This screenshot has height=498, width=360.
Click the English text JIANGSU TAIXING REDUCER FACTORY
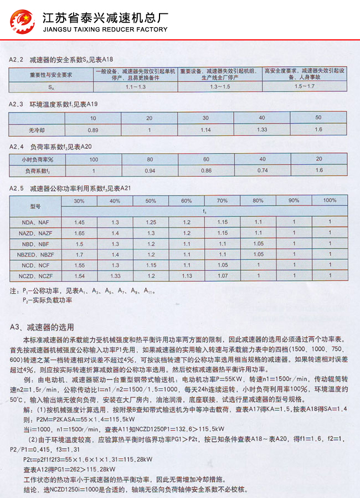click(105, 29)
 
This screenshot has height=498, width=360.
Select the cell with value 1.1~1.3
click(136, 88)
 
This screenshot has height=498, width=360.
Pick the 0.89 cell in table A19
click(93, 129)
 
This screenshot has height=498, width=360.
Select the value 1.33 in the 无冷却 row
click(262, 129)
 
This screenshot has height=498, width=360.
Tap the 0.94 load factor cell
click(150, 171)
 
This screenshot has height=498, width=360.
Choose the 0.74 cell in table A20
click(262, 171)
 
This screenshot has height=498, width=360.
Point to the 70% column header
click(223, 200)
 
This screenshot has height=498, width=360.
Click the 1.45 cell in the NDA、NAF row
click(79, 223)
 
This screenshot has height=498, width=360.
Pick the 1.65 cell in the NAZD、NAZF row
click(79, 233)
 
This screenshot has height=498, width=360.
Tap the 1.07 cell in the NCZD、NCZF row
click(223, 275)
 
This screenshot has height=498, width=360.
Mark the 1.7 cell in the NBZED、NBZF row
click(79, 254)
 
